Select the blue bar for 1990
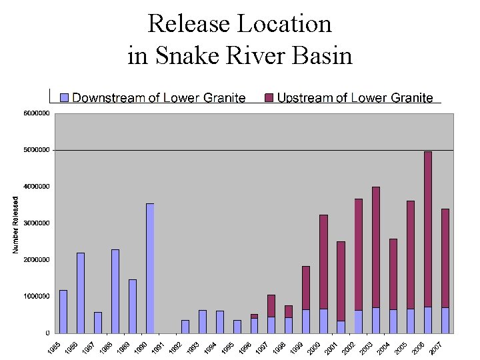[150, 267]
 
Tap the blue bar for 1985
[63, 311]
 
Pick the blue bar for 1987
[98, 322]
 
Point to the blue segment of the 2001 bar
[341, 327]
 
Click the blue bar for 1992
[185, 326]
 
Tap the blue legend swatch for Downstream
[64, 98]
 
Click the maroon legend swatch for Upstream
[269, 98]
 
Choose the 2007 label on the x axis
[437, 347]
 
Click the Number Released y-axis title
[15, 223]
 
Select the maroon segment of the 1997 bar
[271, 305]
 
